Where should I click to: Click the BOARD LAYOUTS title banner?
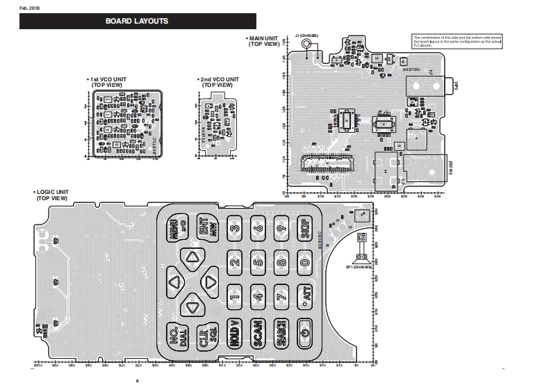pyautogui.click(x=137, y=22)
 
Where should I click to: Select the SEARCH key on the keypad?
pyautogui.click(x=281, y=336)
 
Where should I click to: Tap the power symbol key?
pyautogui.click(x=304, y=336)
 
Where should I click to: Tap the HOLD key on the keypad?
pyautogui.click(x=235, y=336)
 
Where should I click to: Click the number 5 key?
pyautogui.click(x=258, y=262)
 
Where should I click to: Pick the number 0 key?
pyautogui.click(x=304, y=262)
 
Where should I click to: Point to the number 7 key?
pyautogui.click(x=281, y=296)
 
